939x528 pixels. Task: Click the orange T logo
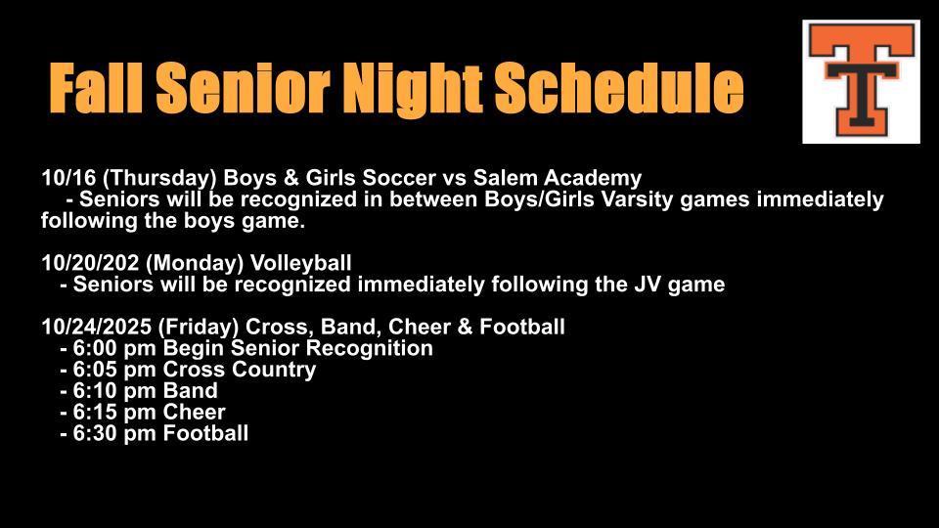point(861,81)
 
